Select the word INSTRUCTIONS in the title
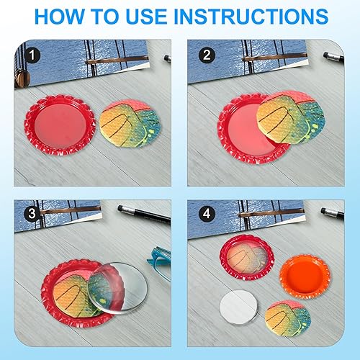(251, 17)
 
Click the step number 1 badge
(32, 55)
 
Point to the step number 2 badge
(207, 55)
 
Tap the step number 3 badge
(32, 213)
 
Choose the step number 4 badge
(207, 213)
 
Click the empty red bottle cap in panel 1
(60, 125)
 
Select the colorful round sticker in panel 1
(130, 123)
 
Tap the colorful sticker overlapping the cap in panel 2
(291, 117)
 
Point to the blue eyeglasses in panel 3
(159, 261)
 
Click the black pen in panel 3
(144, 214)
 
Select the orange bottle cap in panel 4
(305, 276)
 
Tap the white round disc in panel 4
(238, 307)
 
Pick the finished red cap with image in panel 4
(247, 258)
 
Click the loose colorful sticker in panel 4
(288, 318)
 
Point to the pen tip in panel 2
(325, 55)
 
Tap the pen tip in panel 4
(323, 210)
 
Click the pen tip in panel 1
(166, 58)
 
